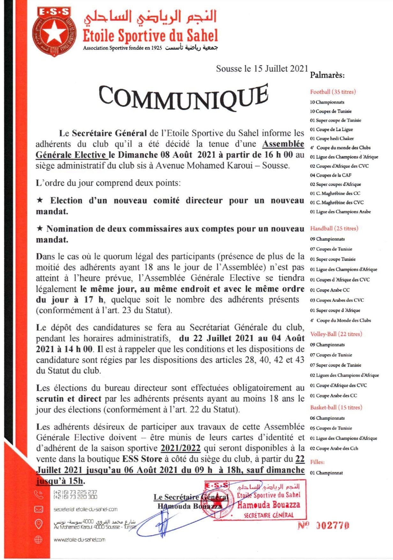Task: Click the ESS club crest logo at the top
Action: pos(54,32)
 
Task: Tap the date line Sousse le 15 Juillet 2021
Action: pos(262,69)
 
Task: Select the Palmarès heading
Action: pos(327,75)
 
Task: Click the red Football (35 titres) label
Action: pos(333,92)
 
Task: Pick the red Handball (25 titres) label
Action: pos(334,229)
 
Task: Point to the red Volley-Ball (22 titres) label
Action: pos(336,334)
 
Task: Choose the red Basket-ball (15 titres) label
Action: pos(336,408)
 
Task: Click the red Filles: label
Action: pos(317,462)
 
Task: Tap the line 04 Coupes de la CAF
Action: pos(330,175)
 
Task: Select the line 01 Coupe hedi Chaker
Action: pos(332,138)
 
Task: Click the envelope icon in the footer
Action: pos(39,509)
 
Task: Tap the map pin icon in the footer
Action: pos(39,524)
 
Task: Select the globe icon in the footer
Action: pos(38,540)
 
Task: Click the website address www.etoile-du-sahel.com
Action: pos(79,540)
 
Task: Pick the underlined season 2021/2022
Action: pos(180,448)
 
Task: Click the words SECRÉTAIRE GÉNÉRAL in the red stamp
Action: pos(268,515)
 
